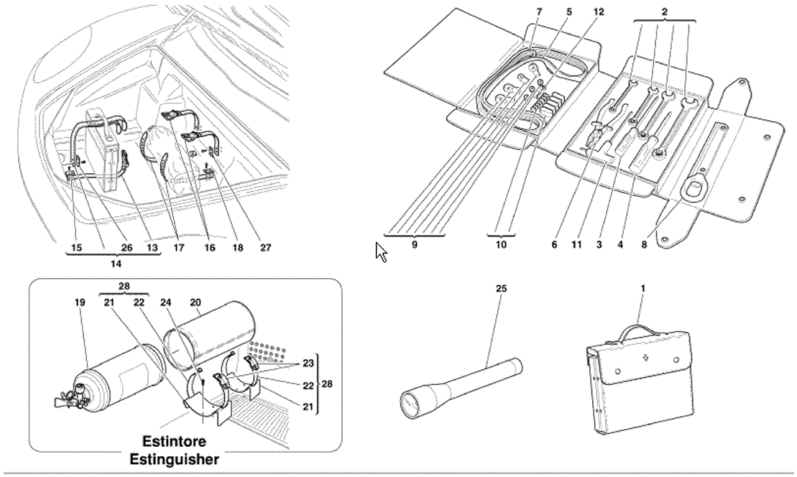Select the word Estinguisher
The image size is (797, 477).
175,460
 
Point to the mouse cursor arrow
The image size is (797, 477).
381,252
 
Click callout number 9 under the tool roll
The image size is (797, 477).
415,245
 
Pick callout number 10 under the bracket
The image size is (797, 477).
501,245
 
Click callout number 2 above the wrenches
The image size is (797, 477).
665,11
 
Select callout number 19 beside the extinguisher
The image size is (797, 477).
78,302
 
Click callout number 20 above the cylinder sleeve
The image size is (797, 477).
195,302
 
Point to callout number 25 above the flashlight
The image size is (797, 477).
501,288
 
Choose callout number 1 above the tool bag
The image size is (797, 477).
643,288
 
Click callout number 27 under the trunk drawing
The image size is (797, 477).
265,248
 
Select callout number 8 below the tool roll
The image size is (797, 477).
644,245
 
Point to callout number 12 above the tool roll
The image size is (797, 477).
599,11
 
